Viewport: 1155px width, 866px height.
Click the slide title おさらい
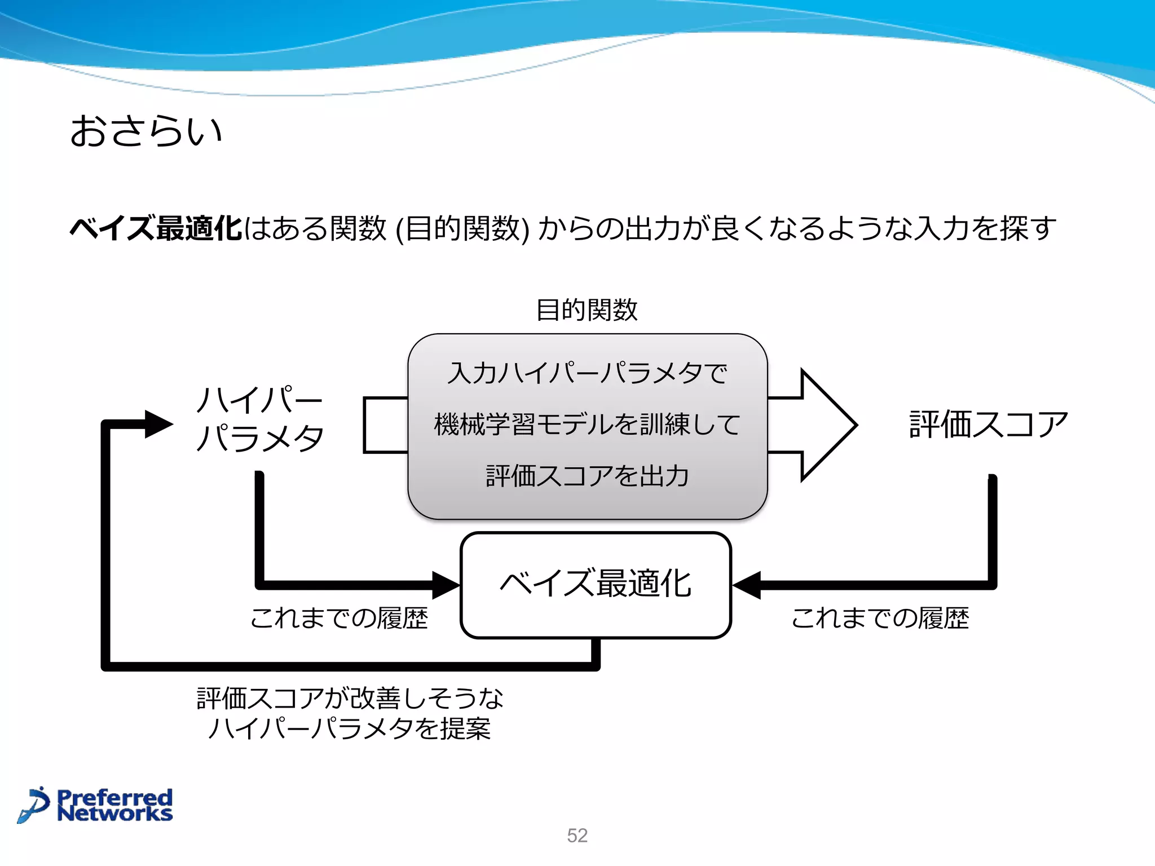[x=146, y=131]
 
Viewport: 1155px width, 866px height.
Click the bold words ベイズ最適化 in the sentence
[x=156, y=229]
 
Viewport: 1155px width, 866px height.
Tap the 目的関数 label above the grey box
[x=587, y=310]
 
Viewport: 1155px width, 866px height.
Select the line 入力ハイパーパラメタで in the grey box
[x=587, y=373]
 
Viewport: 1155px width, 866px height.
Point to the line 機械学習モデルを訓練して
[x=587, y=425]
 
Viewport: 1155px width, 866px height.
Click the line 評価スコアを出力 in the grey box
[x=587, y=476]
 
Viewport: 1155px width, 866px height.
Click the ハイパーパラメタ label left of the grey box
[x=259, y=419]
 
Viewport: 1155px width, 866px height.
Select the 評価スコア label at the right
[x=988, y=425]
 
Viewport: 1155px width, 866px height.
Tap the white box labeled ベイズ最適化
[x=596, y=584]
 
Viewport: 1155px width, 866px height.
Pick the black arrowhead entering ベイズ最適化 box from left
[x=446, y=585]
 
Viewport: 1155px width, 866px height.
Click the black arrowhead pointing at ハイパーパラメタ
[x=158, y=424]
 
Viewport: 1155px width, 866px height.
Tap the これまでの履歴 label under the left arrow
[x=338, y=618]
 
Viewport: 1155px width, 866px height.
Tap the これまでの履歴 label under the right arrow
[x=880, y=618]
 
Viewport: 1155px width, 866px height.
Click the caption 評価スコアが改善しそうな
[x=350, y=699]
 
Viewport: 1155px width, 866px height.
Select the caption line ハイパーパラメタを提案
[x=350, y=728]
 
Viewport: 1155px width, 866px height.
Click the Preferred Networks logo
[x=96, y=805]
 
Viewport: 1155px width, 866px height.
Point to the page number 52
[x=577, y=835]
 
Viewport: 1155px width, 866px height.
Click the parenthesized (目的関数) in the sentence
[x=462, y=229]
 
